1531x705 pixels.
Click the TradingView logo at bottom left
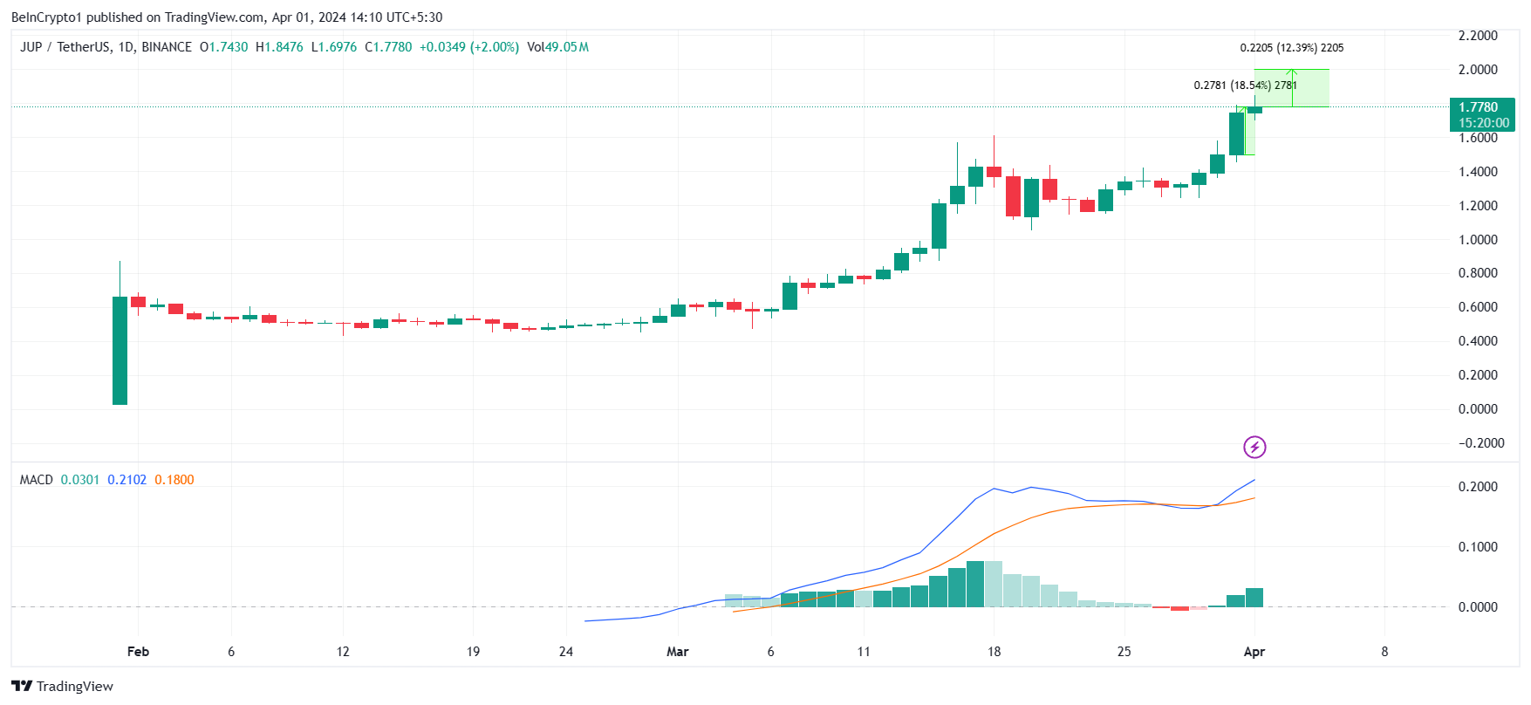(62, 686)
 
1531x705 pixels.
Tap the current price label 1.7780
(1479, 107)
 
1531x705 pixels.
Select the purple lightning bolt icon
(1254, 448)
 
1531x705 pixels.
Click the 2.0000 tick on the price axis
(1478, 70)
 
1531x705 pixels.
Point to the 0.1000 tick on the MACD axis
(1478, 547)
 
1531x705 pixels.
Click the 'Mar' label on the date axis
(677, 652)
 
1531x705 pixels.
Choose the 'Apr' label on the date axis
(1254, 652)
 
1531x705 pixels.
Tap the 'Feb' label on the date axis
(138, 652)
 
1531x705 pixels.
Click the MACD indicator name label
(37, 480)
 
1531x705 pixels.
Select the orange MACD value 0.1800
(174, 480)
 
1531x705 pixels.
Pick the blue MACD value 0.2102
(127, 480)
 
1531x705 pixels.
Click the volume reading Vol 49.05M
(557, 47)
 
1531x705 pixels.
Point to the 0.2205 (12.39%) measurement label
(1291, 48)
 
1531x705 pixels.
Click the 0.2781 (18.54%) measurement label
(1245, 86)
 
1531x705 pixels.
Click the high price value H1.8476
(279, 47)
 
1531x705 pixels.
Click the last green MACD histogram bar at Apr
(1254, 598)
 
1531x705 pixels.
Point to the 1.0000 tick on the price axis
(1478, 240)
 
